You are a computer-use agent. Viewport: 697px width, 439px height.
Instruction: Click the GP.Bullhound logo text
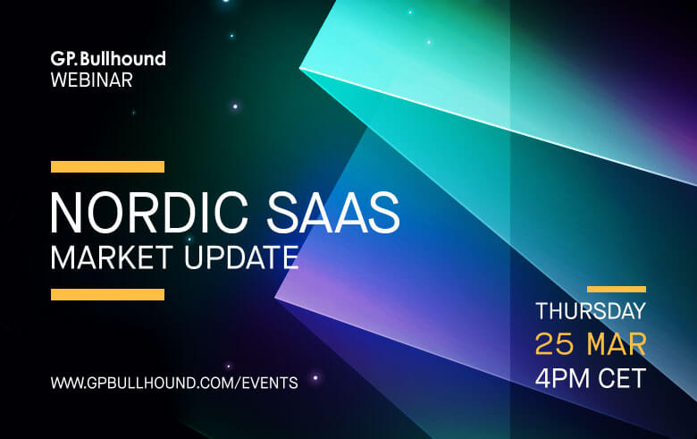click(108, 59)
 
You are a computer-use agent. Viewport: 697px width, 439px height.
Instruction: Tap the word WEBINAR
click(91, 80)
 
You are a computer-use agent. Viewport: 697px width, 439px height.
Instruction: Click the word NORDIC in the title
click(149, 212)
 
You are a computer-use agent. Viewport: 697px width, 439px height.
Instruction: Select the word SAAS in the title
click(333, 212)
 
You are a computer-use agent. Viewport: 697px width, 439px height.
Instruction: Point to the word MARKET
click(111, 257)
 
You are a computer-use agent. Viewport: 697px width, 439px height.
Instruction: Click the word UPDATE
click(241, 257)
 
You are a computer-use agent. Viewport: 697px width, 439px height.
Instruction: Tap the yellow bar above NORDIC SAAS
click(107, 167)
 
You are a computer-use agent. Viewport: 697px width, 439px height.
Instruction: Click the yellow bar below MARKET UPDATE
click(107, 294)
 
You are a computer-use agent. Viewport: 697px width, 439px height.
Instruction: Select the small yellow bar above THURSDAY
click(616, 289)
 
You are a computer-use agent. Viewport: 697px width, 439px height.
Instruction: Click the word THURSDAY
click(591, 311)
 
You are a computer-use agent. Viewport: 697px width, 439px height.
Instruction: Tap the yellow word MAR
click(616, 344)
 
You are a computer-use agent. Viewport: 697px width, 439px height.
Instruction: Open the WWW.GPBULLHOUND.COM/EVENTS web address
click(174, 383)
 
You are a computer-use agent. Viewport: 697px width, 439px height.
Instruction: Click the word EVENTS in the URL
click(270, 383)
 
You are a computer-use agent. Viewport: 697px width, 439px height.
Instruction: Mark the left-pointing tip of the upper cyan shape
click(300, 68)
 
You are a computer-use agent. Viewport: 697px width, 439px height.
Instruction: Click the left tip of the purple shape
click(275, 298)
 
